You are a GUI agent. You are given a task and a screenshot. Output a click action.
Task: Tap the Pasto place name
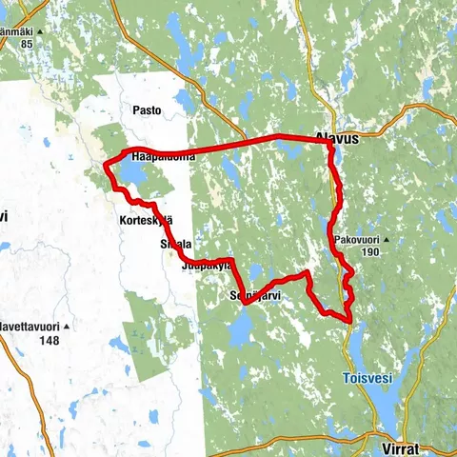click(147, 110)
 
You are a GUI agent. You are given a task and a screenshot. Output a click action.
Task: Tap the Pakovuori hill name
click(358, 239)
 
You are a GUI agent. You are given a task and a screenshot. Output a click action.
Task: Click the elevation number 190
click(370, 252)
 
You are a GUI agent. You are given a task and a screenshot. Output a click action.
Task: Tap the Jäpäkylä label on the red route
click(205, 268)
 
